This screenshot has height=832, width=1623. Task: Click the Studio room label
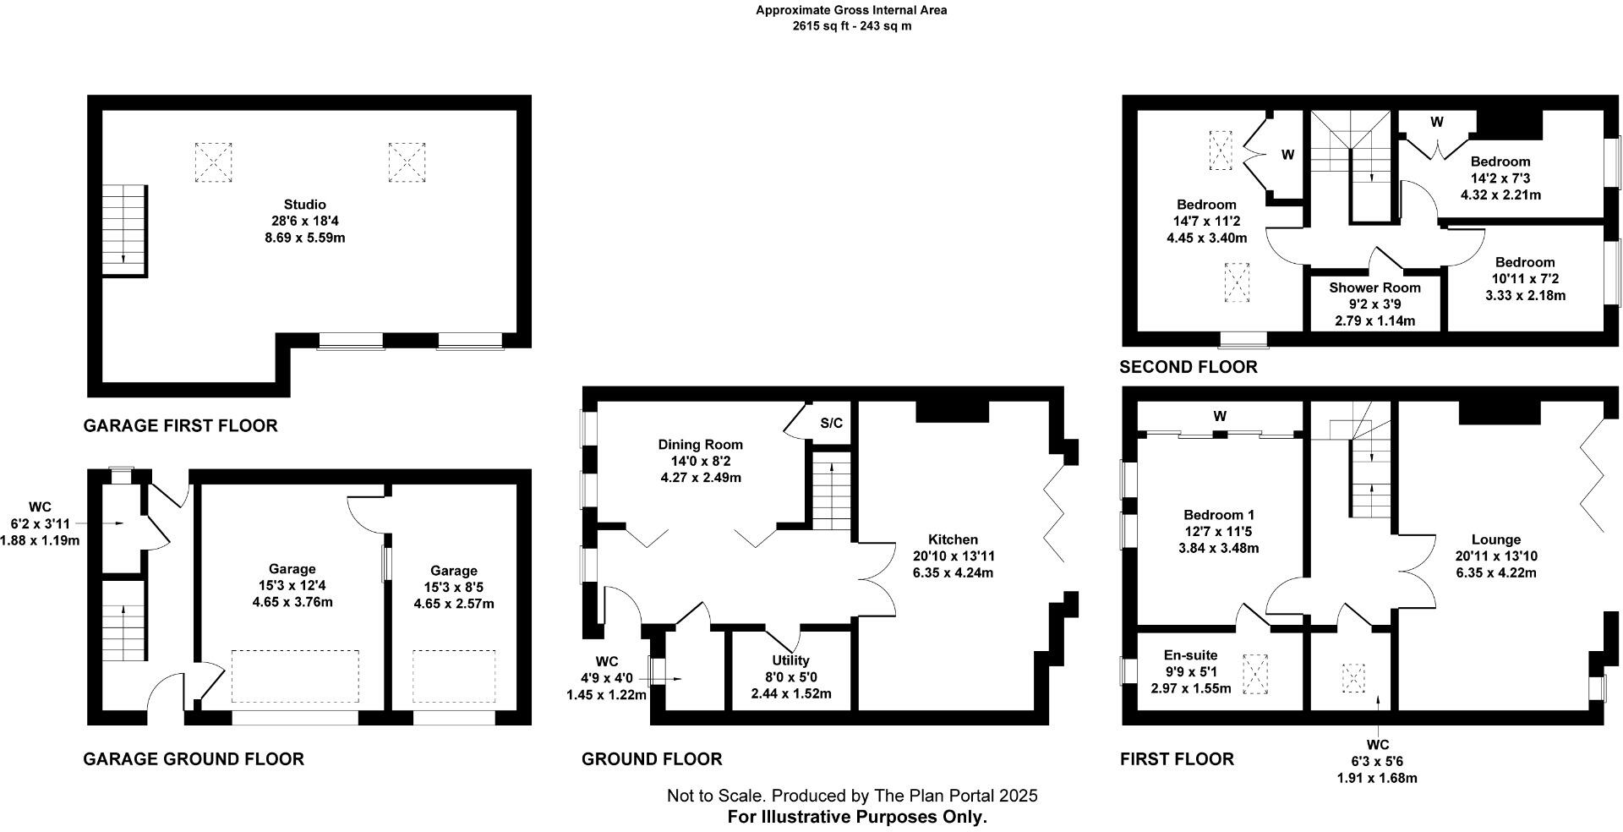click(x=304, y=205)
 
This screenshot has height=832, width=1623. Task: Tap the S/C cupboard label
click(x=831, y=424)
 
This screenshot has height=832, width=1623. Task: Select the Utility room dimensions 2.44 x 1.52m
click(x=791, y=694)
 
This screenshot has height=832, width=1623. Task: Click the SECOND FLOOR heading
click(x=1188, y=367)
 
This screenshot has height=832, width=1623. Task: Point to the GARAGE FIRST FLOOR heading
click(x=180, y=425)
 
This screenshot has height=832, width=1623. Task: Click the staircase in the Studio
click(x=125, y=230)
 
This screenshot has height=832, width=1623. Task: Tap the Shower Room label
click(x=1374, y=287)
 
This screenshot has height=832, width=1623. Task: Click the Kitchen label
click(x=953, y=539)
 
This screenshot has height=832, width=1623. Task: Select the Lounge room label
click(x=1495, y=539)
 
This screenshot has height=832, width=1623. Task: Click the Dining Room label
click(x=700, y=445)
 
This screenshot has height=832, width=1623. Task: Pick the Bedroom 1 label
click(x=1218, y=515)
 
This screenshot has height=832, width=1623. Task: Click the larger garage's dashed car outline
click(x=295, y=676)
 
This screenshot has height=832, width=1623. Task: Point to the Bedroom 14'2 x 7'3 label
click(x=1500, y=161)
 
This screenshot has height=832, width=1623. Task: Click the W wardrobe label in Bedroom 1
click(x=1219, y=416)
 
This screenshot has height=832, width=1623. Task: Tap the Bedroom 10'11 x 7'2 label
click(x=1524, y=262)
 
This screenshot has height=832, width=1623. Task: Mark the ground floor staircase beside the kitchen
click(x=831, y=491)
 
